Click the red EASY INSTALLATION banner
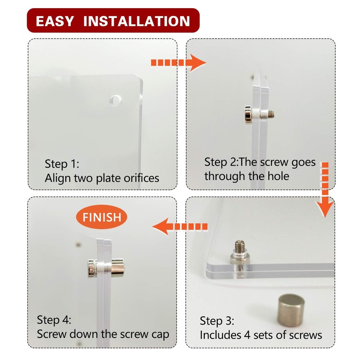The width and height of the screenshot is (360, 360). click(x=113, y=20)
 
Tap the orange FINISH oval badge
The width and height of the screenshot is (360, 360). click(x=102, y=217)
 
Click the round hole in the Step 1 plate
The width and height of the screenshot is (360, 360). click(x=115, y=100)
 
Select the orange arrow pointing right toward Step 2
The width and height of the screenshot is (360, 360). click(x=178, y=63)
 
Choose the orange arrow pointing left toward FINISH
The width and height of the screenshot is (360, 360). click(x=180, y=227)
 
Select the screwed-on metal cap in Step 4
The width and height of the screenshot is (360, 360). click(x=117, y=268)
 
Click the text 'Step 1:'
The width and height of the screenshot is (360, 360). click(x=62, y=164)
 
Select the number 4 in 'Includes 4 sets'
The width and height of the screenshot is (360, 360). click(x=247, y=335)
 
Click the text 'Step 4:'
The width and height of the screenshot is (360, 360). click(x=54, y=320)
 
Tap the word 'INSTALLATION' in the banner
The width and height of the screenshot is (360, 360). click(x=137, y=21)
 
